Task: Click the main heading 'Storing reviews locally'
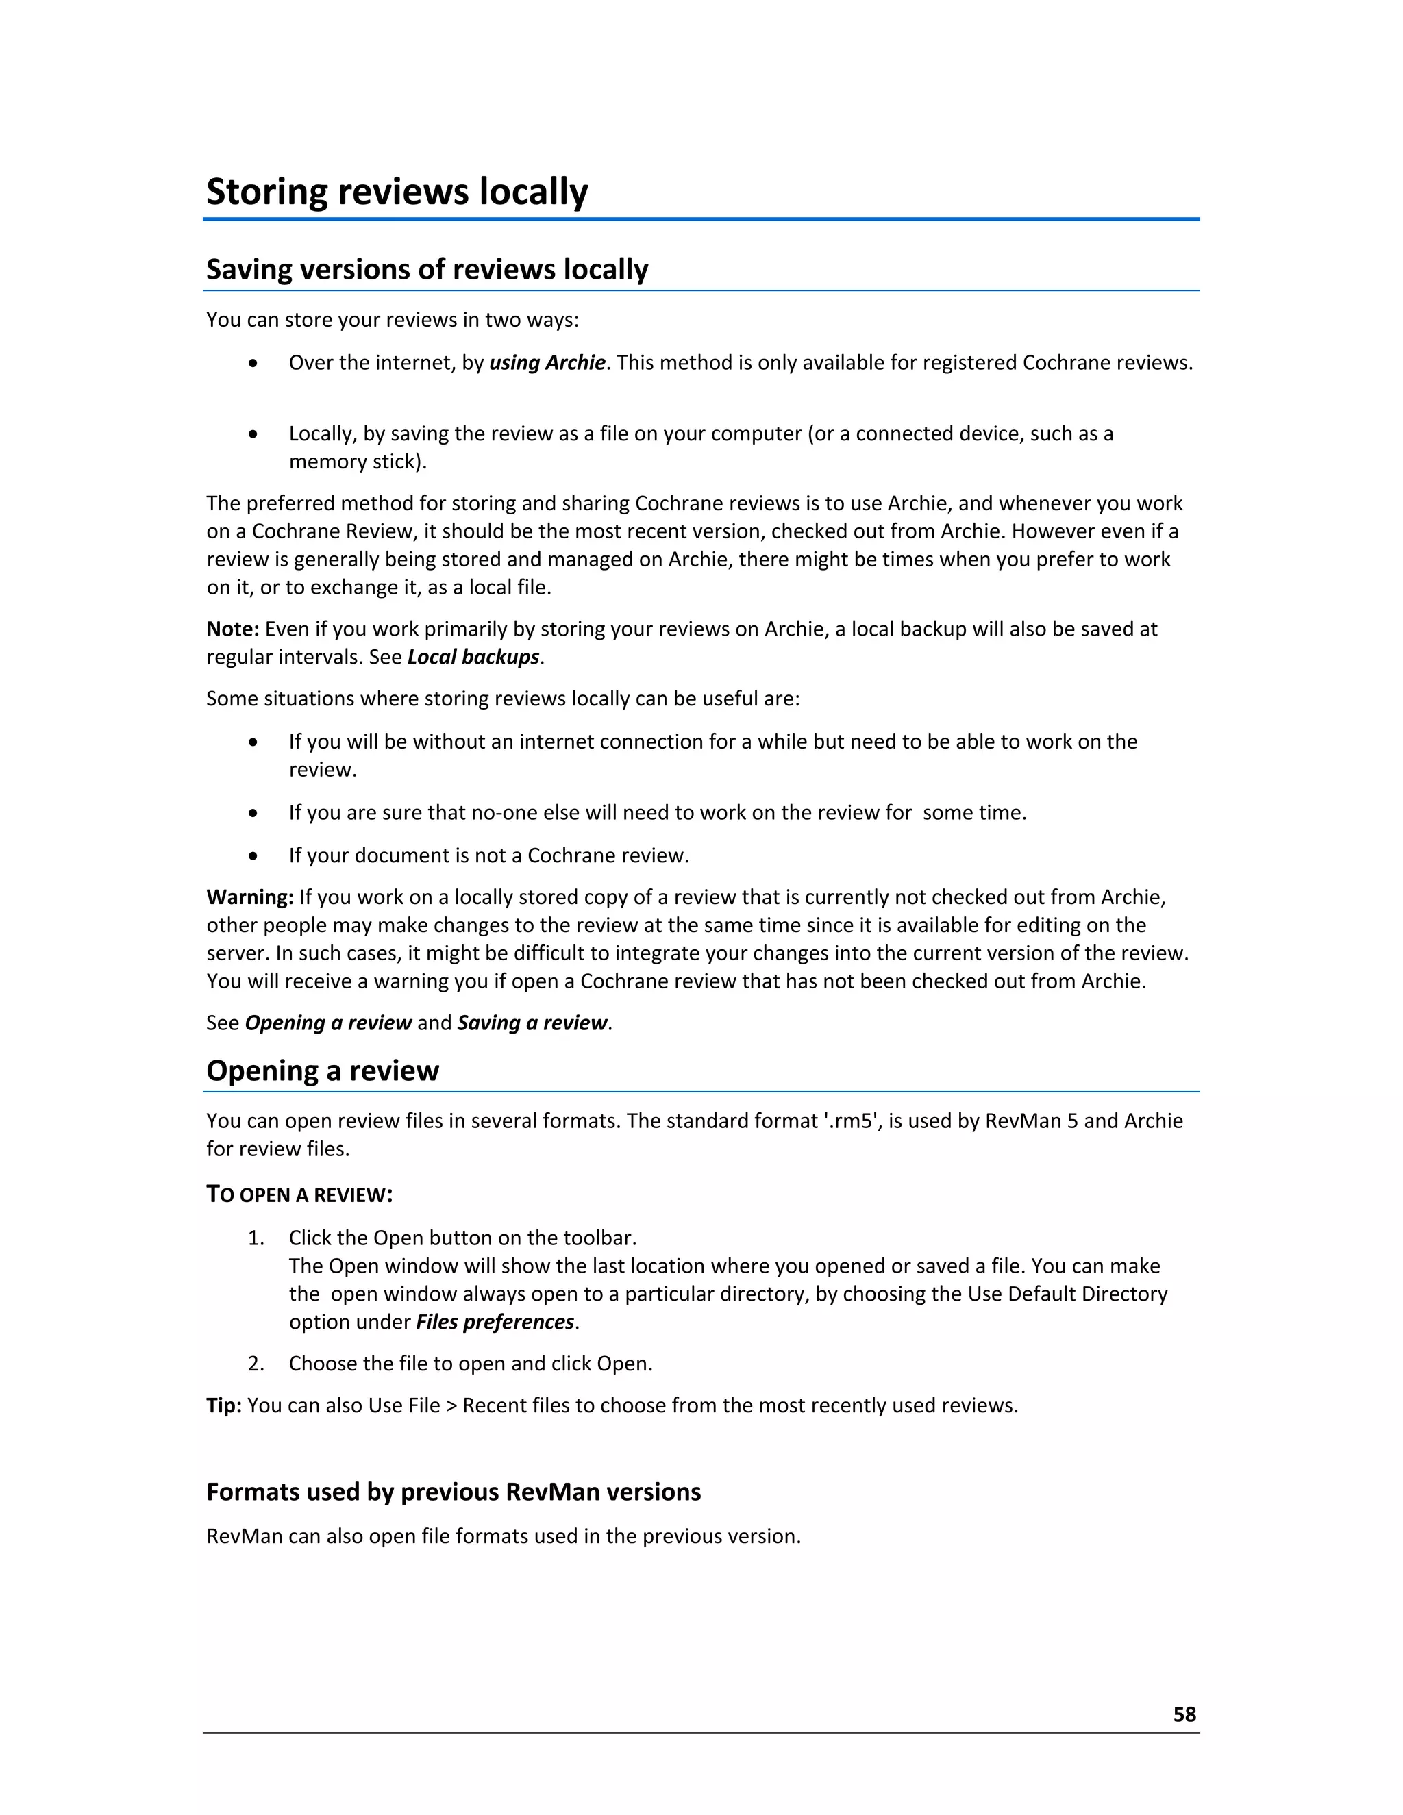pos(397,192)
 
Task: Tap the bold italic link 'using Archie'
pos(547,363)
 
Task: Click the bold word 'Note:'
pos(233,629)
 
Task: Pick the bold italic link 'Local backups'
pos(473,658)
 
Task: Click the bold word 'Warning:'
pos(249,897)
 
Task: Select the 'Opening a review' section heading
pos(322,1071)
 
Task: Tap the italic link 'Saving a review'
pos(532,1023)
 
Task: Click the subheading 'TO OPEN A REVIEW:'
pos(299,1195)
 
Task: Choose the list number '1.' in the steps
pos(256,1238)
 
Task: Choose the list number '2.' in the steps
pos(256,1364)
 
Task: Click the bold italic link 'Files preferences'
pos(495,1322)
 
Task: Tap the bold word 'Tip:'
pos(223,1405)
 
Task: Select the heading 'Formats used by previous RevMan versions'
pos(453,1492)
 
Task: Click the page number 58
pos(1184,1714)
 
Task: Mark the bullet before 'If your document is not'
pos(253,856)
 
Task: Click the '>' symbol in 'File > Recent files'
pos(451,1406)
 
